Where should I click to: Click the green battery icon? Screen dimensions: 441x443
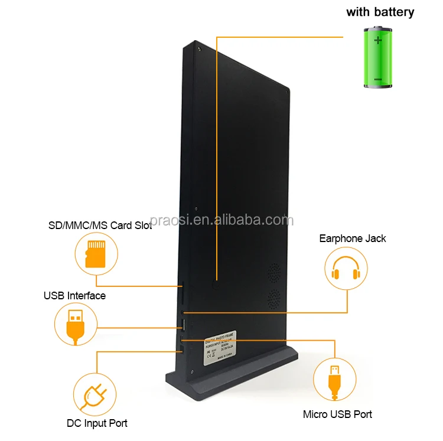coord(378,58)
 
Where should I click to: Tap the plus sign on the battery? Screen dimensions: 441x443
coord(378,41)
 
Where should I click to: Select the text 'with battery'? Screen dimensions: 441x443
coord(380,12)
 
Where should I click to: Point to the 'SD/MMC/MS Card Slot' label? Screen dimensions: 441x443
coord(100,226)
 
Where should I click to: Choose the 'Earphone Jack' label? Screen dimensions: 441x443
coord(353,239)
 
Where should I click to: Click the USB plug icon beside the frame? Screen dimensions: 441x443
coord(75,325)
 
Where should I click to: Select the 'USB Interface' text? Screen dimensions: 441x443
coord(75,295)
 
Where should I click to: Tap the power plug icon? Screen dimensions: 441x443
coord(95,394)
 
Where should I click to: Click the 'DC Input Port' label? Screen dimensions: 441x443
coord(97,423)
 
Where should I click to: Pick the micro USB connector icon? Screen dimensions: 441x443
coord(334,380)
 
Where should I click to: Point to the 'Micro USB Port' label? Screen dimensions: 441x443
coord(338,415)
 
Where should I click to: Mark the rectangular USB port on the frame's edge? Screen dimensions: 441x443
coord(183,325)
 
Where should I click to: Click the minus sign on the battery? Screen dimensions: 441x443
coord(378,78)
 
